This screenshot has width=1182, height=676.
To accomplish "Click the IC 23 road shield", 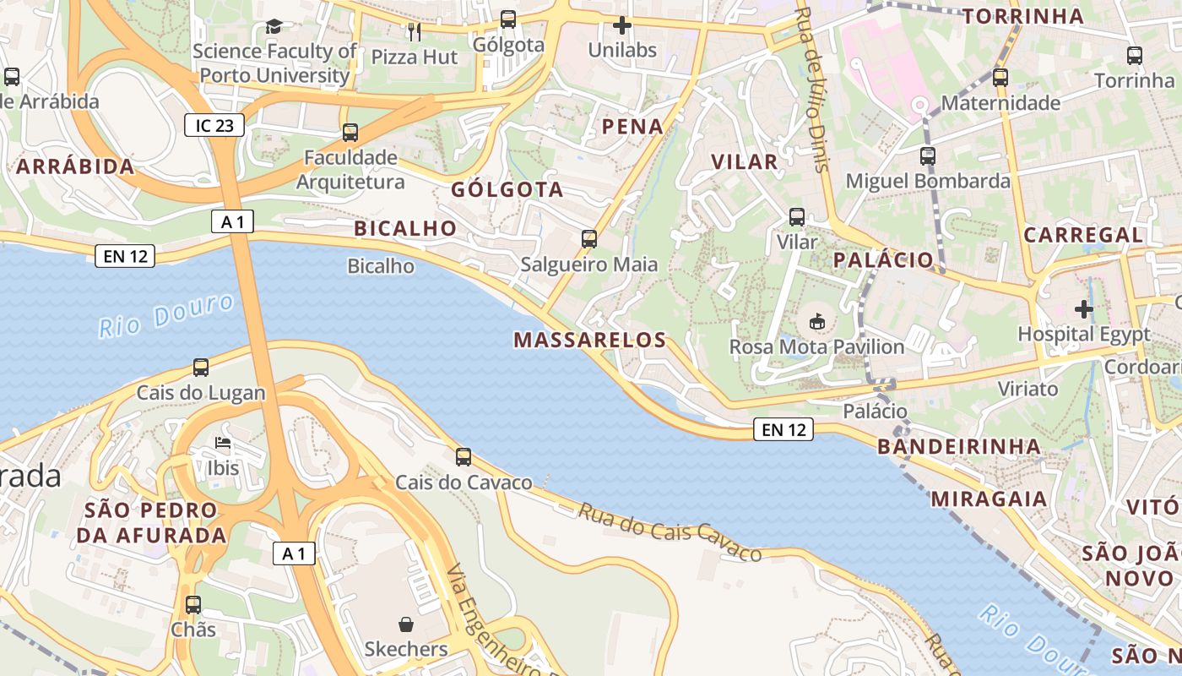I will [x=214, y=126].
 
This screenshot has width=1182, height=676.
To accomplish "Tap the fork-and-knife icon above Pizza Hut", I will [x=414, y=32].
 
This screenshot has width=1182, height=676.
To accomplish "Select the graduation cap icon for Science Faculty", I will [x=274, y=26].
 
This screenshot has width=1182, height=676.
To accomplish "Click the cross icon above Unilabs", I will [x=622, y=25].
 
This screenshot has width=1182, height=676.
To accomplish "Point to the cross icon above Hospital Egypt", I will [x=1084, y=308].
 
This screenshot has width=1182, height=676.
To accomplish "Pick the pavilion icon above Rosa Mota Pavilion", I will [x=816, y=321].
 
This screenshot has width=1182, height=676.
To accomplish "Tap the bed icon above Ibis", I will [x=223, y=443].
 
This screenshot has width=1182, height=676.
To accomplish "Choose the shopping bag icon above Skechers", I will [x=406, y=624].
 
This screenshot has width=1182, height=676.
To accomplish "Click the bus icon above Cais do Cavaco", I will [x=464, y=457].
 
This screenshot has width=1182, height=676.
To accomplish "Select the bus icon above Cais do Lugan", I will [x=201, y=368].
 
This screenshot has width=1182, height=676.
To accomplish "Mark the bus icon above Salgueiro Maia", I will [x=589, y=239].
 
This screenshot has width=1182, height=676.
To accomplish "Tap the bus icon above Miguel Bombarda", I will [x=928, y=156].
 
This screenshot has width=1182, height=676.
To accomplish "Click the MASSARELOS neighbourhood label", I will [x=590, y=341].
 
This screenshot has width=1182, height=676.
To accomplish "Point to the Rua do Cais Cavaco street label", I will [x=670, y=532].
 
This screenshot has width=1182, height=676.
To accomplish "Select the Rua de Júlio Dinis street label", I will [x=814, y=89].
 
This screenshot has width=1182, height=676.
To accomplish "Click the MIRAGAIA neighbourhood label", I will [x=989, y=499].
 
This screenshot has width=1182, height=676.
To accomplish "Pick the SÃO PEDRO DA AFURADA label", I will [x=152, y=522].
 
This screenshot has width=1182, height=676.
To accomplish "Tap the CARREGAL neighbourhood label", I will [x=1083, y=235].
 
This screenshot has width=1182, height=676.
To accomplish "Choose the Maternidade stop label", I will [x=1000, y=103].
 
